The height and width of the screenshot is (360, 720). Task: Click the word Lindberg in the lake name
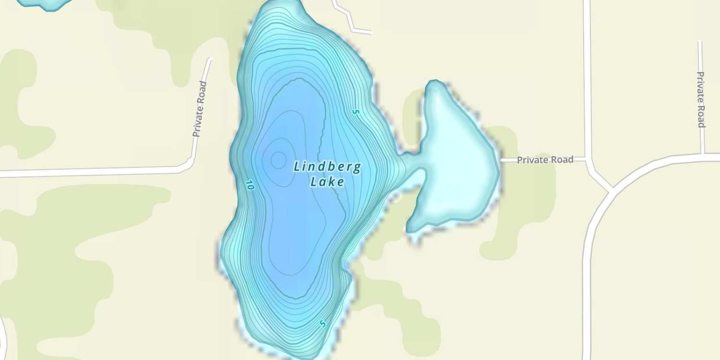coord(327,167)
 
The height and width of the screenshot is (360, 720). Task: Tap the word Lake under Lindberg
coord(327,182)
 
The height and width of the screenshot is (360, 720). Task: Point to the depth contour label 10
coord(249,185)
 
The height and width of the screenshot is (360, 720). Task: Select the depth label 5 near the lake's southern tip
coord(323,324)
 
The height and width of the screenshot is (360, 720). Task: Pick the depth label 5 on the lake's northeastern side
coord(355,111)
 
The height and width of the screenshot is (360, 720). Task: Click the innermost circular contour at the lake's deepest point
coord(278,160)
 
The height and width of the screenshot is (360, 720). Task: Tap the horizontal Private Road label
coord(545,159)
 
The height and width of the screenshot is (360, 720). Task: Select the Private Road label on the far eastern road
coord(701,100)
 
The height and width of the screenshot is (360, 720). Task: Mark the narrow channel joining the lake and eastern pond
coord(412,162)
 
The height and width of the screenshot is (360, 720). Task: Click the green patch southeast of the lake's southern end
coord(408,312)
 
